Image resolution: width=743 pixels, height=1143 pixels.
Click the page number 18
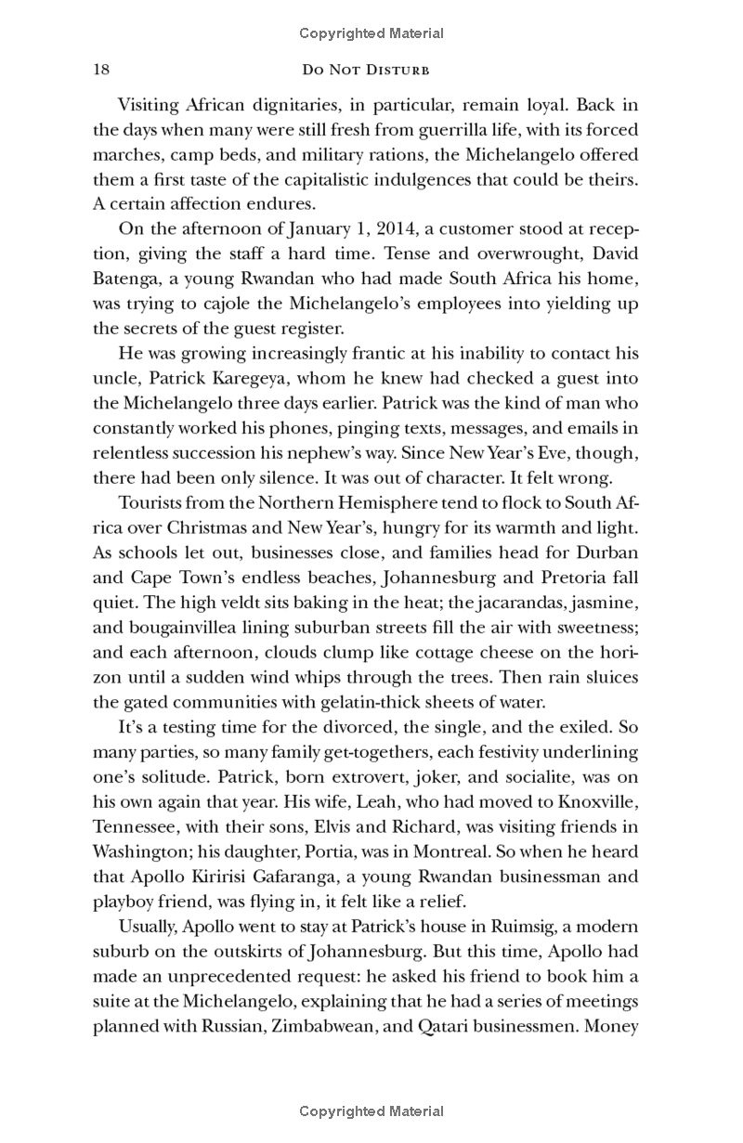tap(102, 71)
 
